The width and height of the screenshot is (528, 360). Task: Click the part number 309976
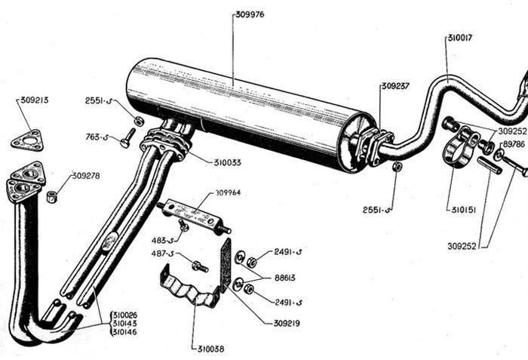point(250,15)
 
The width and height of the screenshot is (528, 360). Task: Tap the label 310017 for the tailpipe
point(460,38)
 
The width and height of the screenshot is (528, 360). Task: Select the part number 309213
point(35,100)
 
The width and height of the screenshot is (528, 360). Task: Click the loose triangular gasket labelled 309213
point(28,141)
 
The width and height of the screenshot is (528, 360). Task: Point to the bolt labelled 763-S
point(128,138)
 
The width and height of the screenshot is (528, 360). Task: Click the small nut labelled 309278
point(51,196)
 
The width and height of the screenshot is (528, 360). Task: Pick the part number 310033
point(227,163)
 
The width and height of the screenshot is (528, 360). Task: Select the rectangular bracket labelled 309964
point(194,215)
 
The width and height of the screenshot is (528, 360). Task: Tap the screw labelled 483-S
point(183,225)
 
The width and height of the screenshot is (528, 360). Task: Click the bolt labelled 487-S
point(200,266)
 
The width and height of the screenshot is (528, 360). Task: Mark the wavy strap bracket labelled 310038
point(189,290)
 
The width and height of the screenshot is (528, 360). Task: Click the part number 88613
point(284,278)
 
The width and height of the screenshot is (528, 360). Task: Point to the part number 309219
point(287,324)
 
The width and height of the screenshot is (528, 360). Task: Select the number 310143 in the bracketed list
point(124,324)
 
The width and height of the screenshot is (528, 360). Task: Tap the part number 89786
point(514,144)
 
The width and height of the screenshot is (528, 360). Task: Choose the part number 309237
point(395,86)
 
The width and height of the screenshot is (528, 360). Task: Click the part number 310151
point(464,210)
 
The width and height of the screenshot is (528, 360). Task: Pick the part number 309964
point(228,192)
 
